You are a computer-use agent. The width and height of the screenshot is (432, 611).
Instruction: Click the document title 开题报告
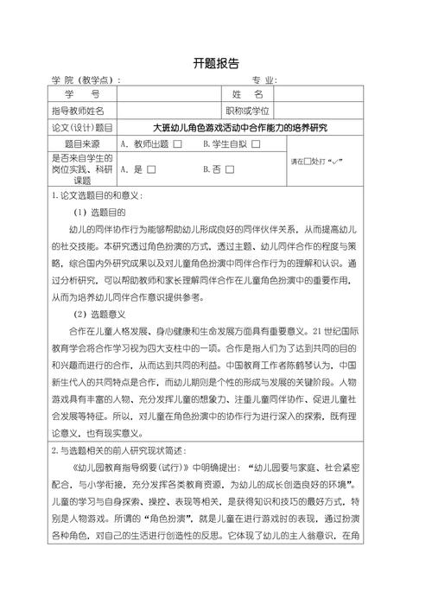tap(216, 63)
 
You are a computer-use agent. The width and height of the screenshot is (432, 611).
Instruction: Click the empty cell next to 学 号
tap(168, 94)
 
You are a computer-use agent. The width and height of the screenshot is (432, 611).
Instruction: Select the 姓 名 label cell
tap(247, 94)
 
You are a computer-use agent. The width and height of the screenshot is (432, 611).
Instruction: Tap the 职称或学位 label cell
tap(247, 111)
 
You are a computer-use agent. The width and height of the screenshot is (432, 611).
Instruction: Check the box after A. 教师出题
tap(176, 143)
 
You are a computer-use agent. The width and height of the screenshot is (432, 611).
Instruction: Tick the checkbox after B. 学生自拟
tap(256, 143)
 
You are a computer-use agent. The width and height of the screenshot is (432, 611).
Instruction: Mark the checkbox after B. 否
tap(230, 169)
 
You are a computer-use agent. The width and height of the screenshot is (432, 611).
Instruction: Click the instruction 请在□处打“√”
tap(320, 162)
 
